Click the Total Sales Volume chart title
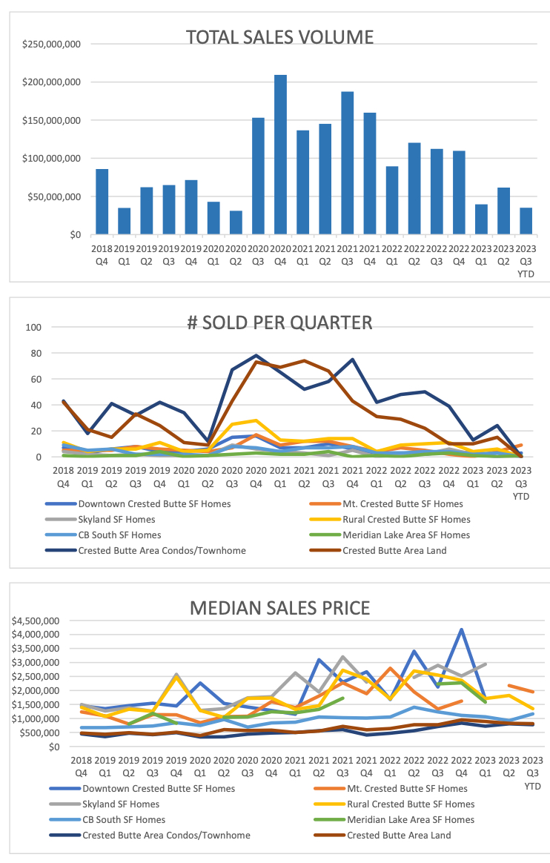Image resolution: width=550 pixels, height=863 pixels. pyautogui.click(x=279, y=37)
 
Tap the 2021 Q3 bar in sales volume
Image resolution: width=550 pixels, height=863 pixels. pyautogui.click(x=347, y=163)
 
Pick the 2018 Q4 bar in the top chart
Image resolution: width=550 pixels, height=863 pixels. pyautogui.click(x=102, y=202)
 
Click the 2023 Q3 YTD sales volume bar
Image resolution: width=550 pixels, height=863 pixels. pyautogui.click(x=526, y=221)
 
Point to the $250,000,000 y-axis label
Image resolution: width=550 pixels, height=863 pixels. pyautogui.click(x=51, y=44)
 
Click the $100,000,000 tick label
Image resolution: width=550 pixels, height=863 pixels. pyautogui.click(x=51, y=159)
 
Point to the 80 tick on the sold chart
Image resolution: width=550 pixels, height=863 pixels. pyautogui.click(x=33, y=353)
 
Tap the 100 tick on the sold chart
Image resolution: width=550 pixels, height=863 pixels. pyautogui.click(x=31, y=327)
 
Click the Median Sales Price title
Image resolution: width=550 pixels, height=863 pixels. pyautogui.click(x=279, y=608)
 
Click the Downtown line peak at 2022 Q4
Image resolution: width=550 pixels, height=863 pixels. pyautogui.click(x=462, y=629)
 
